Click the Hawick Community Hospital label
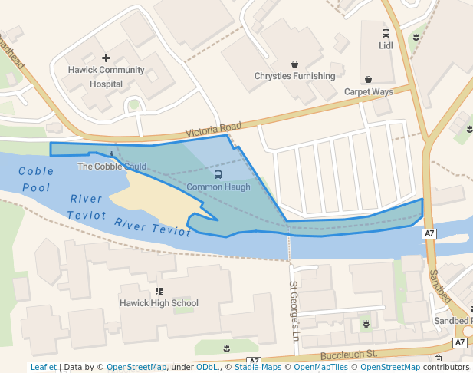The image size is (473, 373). pyautogui.click(x=106, y=77)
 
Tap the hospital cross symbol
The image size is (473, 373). pyautogui.click(x=106, y=58)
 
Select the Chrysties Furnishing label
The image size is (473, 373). pyautogui.click(x=294, y=76)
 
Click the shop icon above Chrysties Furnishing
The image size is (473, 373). pyautogui.click(x=294, y=64)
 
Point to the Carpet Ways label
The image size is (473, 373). pyautogui.click(x=368, y=91)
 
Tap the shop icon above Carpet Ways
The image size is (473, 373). pyautogui.click(x=368, y=80)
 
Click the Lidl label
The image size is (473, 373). pyautogui.click(x=385, y=45)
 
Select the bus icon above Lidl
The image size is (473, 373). pyautogui.click(x=385, y=34)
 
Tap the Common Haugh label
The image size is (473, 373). pyautogui.click(x=218, y=186)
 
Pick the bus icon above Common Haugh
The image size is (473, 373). pyautogui.click(x=218, y=175)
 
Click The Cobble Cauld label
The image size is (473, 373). pyautogui.click(x=112, y=166)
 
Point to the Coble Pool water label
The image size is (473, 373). pyautogui.click(x=35, y=179)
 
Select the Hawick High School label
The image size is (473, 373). pyautogui.click(x=159, y=303)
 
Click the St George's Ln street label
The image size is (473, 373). pyautogui.click(x=294, y=311)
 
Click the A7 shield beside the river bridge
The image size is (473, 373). pyautogui.click(x=429, y=233)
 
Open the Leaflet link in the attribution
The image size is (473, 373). pyautogui.click(x=43, y=367)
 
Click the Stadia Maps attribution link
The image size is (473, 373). pyautogui.click(x=258, y=367)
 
